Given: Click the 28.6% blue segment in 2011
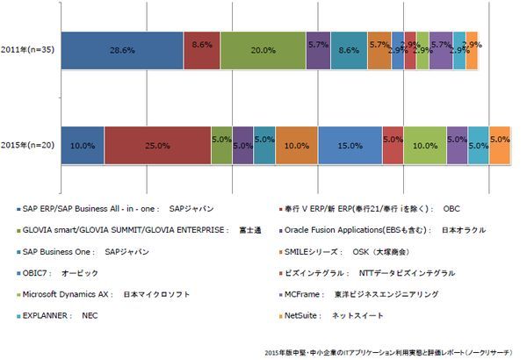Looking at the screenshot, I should (x=122, y=51).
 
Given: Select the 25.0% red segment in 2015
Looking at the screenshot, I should (x=157, y=145).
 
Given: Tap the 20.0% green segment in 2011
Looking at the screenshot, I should (x=263, y=51).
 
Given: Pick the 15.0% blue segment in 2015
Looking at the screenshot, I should (x=350, y=145).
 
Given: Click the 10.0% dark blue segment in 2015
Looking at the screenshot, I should (x=83, y=145).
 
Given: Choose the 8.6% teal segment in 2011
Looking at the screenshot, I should (x=349, y=51).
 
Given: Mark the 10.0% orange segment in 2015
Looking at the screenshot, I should (x=296, y=145).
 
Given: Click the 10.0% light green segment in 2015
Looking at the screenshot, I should (x=425, y=145).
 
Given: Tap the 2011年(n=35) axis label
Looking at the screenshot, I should (x=28, y=51).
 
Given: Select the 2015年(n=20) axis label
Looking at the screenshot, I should (x=28, y=145).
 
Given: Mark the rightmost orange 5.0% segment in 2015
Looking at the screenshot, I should (x=500, y=145).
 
